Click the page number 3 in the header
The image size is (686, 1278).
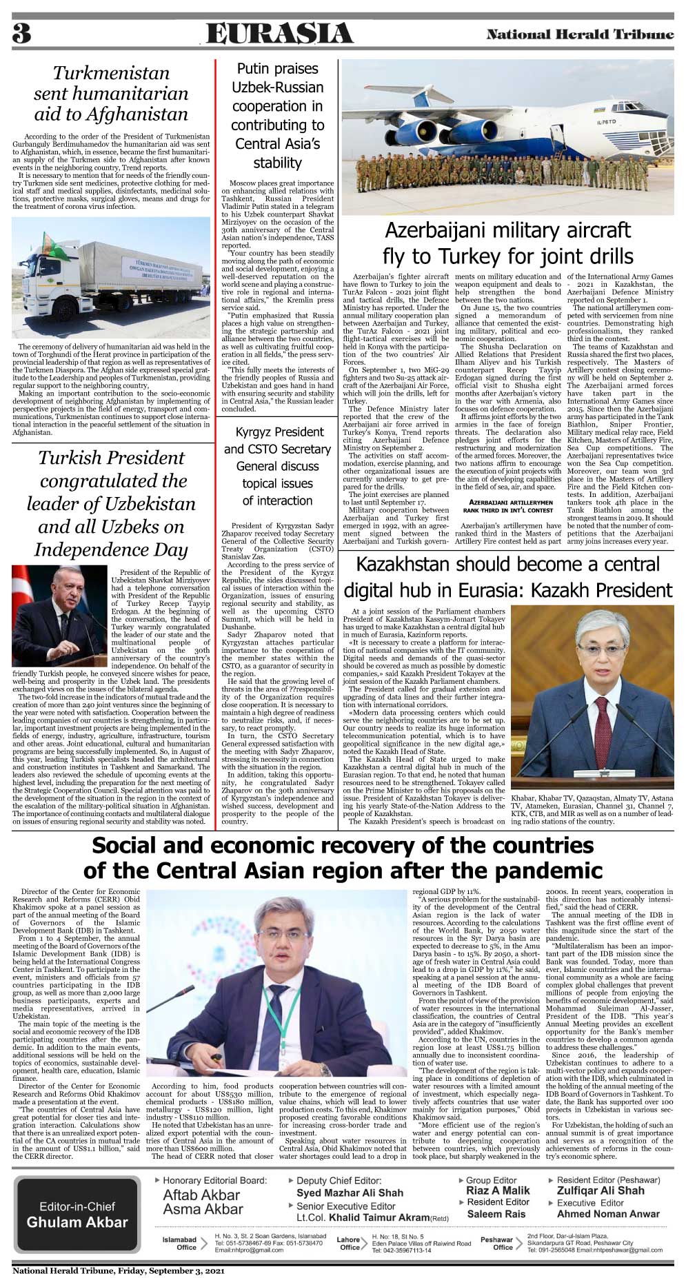coord(22,33)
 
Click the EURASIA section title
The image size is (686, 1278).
coord(279,33)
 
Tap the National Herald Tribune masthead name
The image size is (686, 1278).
coord(580,34)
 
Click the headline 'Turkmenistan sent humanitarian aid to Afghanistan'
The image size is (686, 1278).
coord(111,94)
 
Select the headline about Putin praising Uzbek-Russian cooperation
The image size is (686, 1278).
coord(277,116)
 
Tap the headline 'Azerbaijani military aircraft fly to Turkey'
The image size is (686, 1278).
coord(507,243)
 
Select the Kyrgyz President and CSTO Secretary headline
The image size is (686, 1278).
coord(277,466)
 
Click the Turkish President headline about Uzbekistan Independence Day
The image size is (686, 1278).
coord(111,503)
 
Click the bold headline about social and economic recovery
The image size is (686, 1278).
coord(343,858)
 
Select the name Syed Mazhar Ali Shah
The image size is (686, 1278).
coord(350,1193)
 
